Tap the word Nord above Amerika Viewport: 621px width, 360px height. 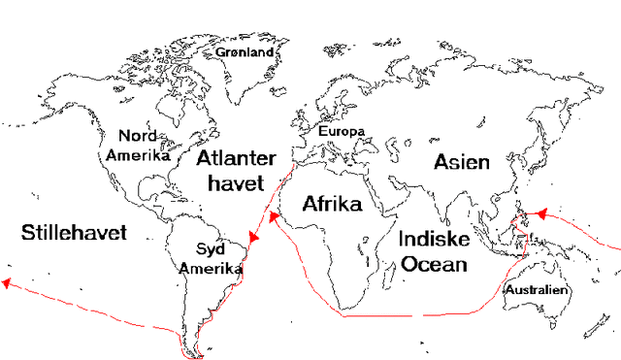[x=137, y=137]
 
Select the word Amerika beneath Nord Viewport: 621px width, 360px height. [x=138, y=154]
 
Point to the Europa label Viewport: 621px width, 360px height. [x=341, y=130]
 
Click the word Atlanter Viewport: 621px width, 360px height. [x=236, y=158]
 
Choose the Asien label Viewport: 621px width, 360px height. [x=462, y=161]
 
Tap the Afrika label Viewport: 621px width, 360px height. [x=332, y=205]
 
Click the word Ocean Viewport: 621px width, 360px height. [x=434, y=263]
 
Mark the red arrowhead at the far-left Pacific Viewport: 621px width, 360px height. [x=7, y=283]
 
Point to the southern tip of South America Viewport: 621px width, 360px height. [x=201, y=352]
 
